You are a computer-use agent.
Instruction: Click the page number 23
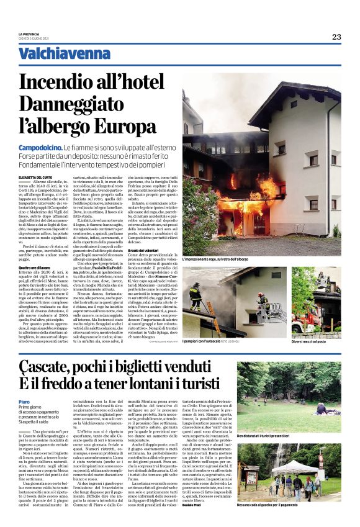coord(336,37)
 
